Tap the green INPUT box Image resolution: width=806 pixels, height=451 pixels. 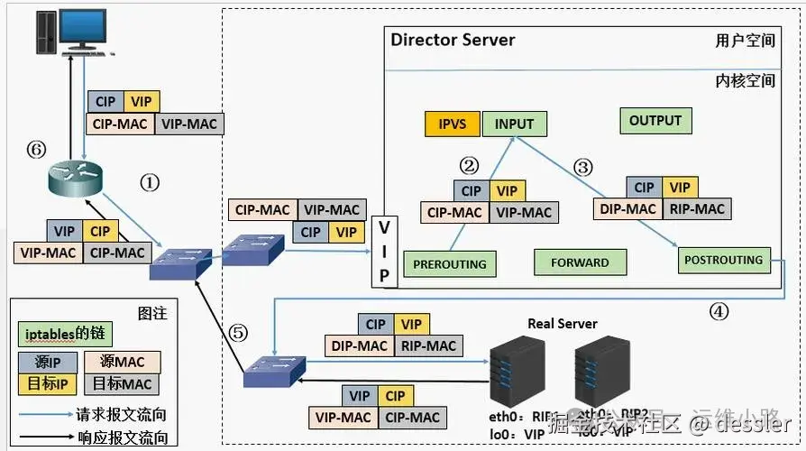pos(514,124)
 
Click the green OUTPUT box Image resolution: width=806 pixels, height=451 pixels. pos(655,121)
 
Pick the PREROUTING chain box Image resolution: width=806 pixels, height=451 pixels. pos(449,264)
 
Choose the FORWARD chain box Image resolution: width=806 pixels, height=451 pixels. pos(580,262)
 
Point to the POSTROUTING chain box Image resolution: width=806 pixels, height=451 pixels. pos(723,260)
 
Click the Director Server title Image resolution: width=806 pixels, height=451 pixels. pos(453,40)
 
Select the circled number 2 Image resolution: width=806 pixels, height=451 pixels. pos(468,165)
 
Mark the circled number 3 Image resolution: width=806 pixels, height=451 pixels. pos(583,167)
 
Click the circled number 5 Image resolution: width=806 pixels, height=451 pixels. pos(238,332)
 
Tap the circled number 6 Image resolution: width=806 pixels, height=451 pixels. pos(36,150)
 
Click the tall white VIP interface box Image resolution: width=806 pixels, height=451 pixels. pos(383,250)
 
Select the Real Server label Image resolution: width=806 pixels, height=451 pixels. pos(562,323)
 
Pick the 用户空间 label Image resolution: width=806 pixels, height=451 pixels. pos(745,41)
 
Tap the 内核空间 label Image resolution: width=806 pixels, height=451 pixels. pos(745,80)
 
